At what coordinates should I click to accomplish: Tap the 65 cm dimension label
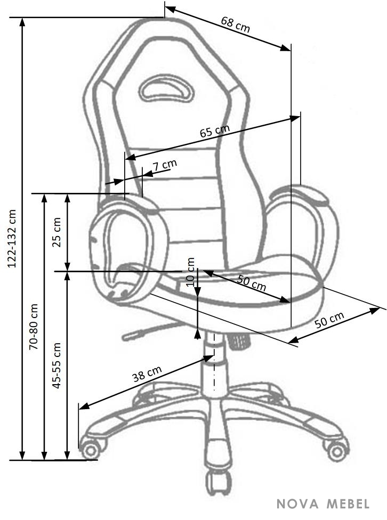[215, 131]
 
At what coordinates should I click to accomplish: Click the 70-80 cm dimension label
[34, 327]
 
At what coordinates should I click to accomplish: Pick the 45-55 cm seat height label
[57, 365]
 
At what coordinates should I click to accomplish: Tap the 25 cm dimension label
[57, 232]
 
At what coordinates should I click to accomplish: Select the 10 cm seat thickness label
[190, 272]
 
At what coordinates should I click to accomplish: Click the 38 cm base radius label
[147, 374]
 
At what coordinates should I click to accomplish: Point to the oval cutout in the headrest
[166, 88]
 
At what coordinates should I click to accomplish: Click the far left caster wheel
[91, 449]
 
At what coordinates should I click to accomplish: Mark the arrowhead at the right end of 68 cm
[286, 48]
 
